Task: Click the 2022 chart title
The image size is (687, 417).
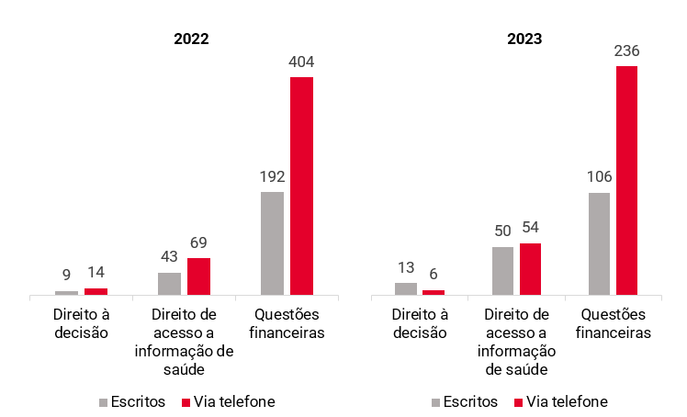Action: (x=191, y=39)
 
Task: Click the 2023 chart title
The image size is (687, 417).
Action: (x=524, y=39)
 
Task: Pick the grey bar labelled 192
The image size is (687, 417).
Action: (x=272, y=243)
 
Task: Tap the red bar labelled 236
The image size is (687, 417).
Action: (x=626, y=180)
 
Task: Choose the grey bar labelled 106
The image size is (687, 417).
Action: (x=599, y=243)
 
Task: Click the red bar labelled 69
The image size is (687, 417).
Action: (x=198, y=276)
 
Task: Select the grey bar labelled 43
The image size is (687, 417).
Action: (x=169, y=284)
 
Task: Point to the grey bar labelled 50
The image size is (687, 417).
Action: (x=502, y=271)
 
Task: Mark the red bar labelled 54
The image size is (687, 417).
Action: (x=530, y=269)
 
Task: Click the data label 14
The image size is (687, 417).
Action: (x=96, y=272)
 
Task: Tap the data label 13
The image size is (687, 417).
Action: (x=406, y=267)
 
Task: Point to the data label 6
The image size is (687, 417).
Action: (x=434, y=275)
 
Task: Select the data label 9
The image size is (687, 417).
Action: (x=66, y=276)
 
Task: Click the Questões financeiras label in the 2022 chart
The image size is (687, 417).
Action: (x=287, y=323)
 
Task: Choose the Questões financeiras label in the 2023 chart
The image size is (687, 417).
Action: (x=614, y=323)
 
